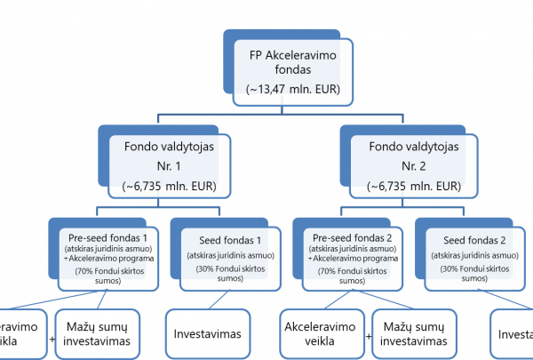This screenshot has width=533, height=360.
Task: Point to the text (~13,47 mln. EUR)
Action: coord(293,90)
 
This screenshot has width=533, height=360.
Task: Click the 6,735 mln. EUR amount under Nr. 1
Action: coord(169,187)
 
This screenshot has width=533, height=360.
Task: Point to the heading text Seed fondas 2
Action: coord(474,240)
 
